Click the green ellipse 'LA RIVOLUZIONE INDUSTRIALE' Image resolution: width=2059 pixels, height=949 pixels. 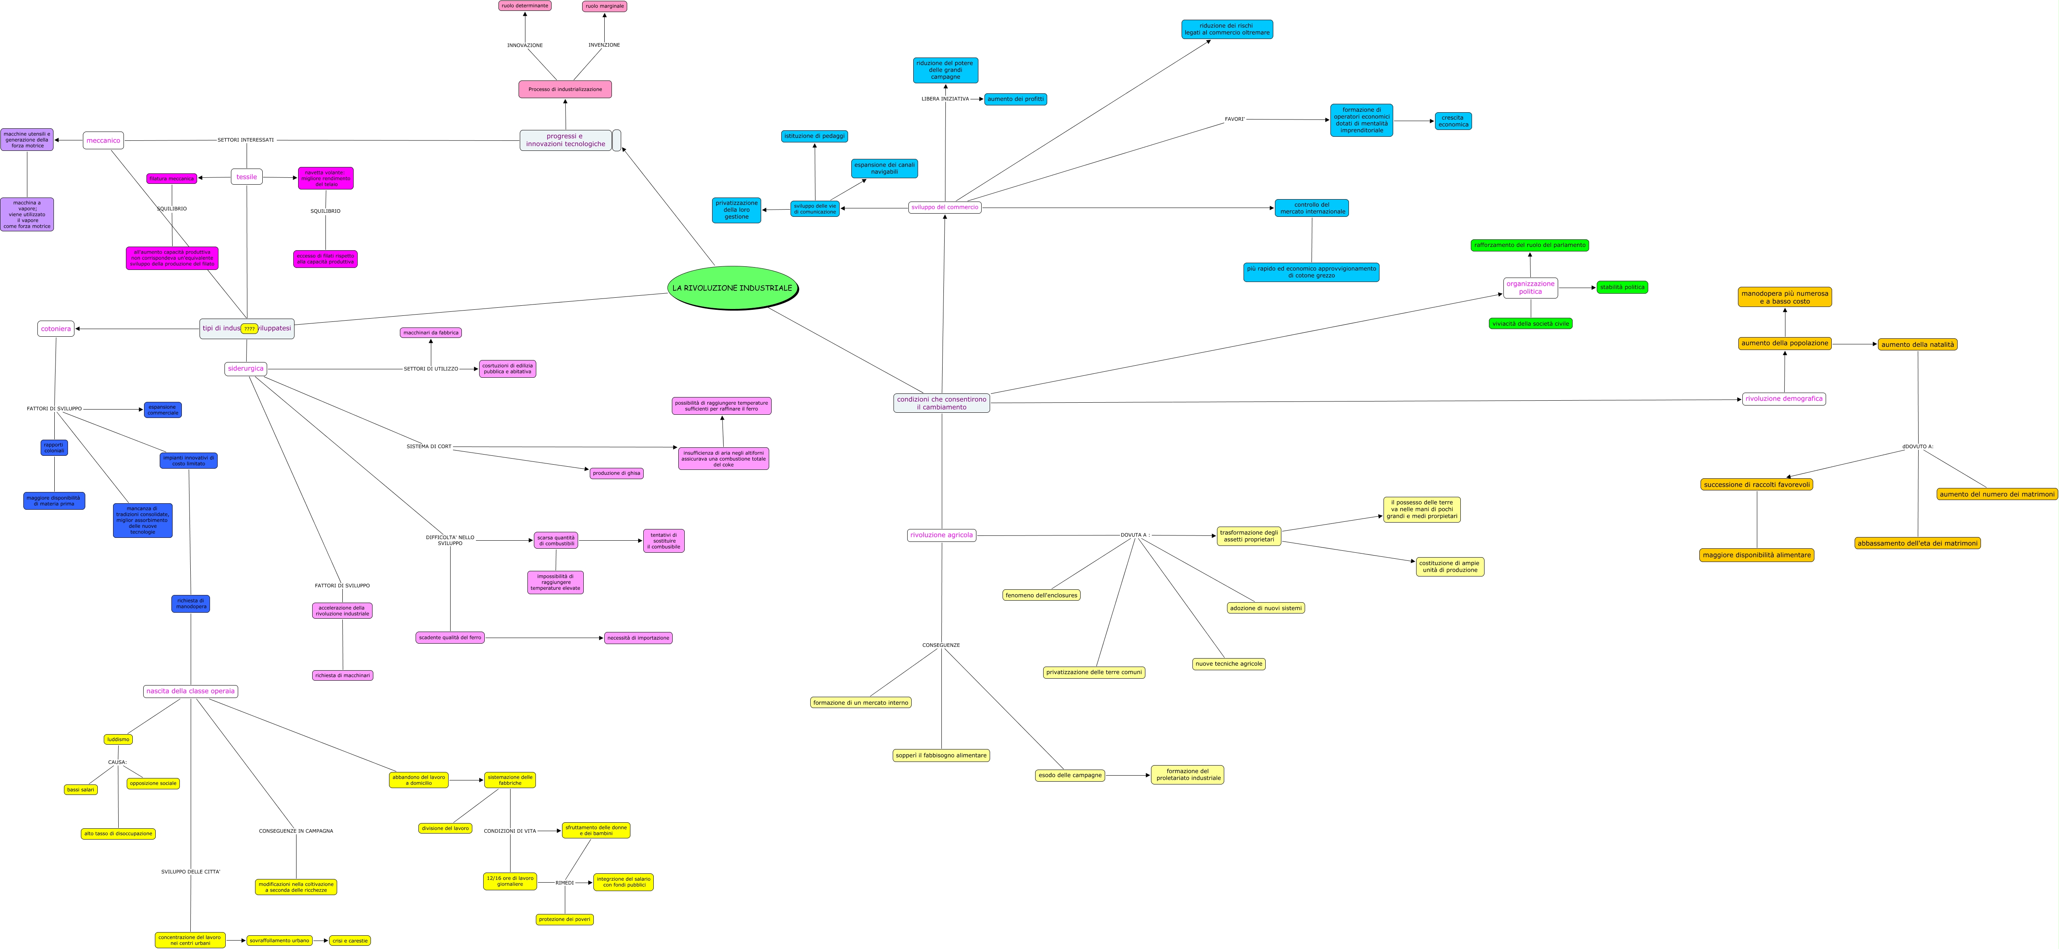[732, 288]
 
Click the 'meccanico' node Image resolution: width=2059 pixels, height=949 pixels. [103, 141]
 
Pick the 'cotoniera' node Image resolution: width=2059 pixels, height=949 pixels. [56, 329]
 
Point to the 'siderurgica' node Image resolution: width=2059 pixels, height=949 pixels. [245, 368]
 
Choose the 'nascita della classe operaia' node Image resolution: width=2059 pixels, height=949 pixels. [190, 691]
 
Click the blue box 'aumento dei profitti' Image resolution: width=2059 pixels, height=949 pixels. [1015, 99]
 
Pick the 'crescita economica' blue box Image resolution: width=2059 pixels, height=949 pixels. [1453, 121]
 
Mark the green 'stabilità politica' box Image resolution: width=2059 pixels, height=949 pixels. [1622, 287]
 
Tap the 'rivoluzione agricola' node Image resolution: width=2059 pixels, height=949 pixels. [941, 535]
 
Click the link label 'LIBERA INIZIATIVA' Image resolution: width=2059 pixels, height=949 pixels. [945, 99]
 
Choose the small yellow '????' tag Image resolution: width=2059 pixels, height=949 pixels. [249, 329]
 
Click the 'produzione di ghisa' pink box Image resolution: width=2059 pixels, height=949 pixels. [616, 473]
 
